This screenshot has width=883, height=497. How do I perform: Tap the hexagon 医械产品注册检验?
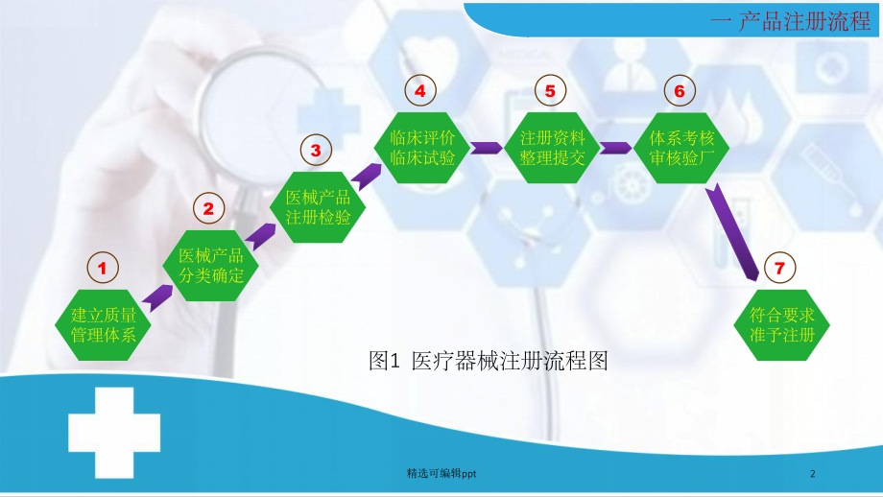318,206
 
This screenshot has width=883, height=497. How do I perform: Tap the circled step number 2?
209,206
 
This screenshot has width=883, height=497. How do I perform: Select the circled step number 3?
315,149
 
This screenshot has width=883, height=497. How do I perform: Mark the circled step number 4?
419,90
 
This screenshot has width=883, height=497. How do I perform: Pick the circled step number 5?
550,90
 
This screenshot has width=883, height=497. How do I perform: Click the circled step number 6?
679,91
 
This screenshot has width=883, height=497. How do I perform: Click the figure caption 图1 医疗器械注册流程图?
489,362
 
